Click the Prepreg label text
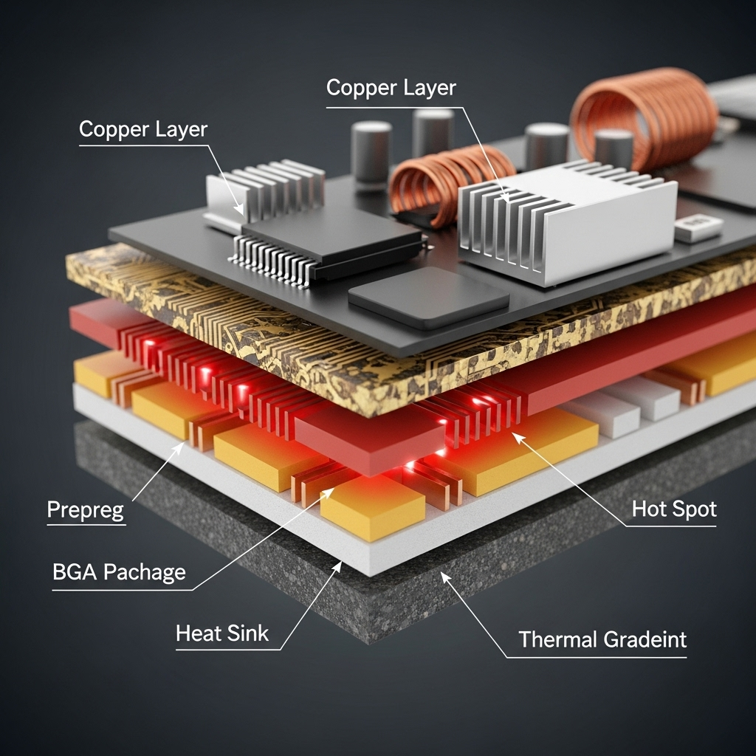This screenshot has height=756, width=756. click(x=86, y=510)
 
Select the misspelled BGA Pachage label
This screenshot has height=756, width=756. click(x=119, y=572)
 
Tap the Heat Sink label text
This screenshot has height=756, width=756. click(x=222, y=633)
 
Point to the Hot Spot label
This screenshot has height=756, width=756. click(x=673, y=509)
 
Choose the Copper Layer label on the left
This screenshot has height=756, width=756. click(x=142, y=129)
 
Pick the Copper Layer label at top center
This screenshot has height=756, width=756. click(x=391, y=87)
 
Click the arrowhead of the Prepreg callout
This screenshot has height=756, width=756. click(x=181, y=444)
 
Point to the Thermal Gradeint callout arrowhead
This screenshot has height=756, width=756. click(x=444, y=575)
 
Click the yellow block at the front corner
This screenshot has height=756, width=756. click(x=373, y=508)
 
